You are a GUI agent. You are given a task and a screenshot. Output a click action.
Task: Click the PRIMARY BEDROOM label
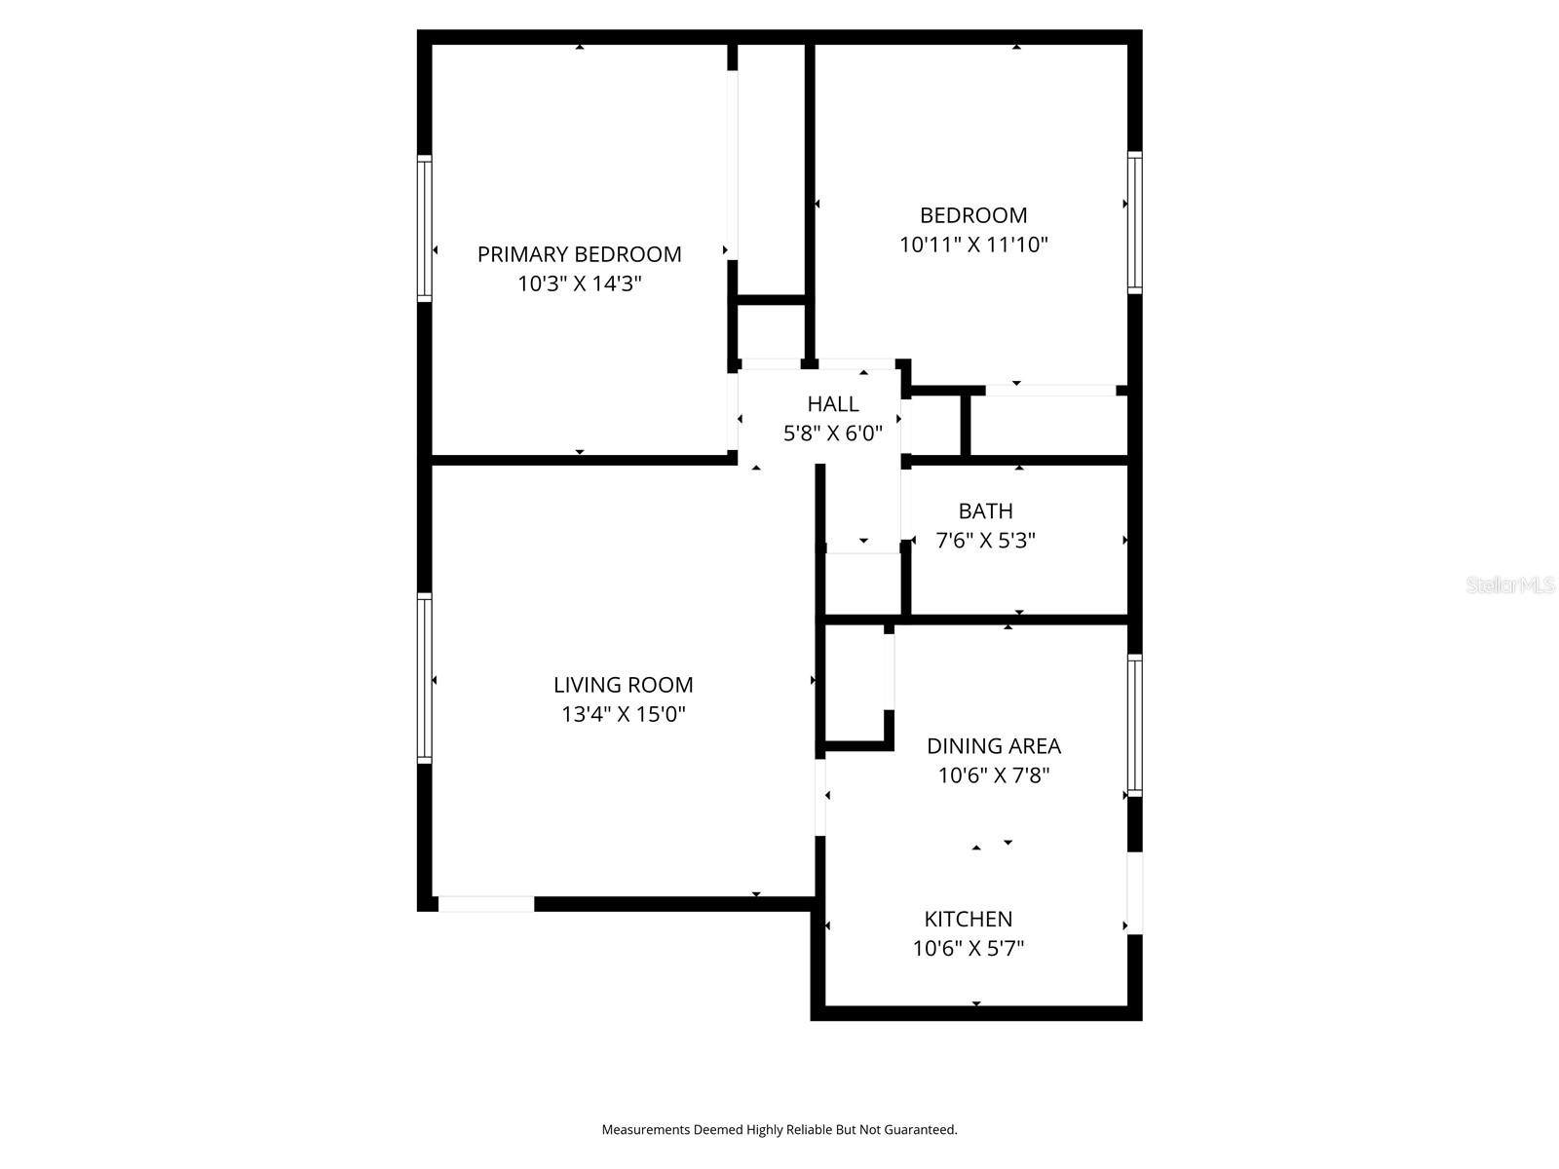(579, 254)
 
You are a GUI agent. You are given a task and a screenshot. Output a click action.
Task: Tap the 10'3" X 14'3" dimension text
(579, 284)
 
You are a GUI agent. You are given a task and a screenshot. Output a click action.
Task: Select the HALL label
(833, 403)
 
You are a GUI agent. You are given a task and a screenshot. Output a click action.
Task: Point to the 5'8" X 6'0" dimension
(833, 434)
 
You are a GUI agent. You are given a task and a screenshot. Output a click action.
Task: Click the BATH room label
(985, 510)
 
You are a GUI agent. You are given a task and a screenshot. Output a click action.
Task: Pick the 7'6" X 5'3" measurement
(985, 541)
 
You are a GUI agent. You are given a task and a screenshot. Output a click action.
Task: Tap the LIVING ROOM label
(624, 685)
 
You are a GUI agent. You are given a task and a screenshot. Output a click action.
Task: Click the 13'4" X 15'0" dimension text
(624, 715)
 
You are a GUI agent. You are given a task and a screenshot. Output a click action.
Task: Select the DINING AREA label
(993, 746)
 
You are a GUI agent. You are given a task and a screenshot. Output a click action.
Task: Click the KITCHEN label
(968, 919)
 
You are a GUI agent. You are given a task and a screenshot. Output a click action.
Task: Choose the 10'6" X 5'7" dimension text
(968, 949)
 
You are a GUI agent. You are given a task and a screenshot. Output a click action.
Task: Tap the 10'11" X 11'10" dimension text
(973, 245)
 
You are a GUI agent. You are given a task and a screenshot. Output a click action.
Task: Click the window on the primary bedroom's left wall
(425, 228)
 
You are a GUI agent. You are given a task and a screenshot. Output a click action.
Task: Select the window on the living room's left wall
(425, 677)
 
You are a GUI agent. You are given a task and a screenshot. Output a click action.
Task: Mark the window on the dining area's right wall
(1134, 725)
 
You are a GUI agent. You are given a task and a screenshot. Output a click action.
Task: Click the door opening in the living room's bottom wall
(485, 904)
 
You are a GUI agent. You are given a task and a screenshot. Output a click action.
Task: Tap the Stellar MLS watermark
(1510, 585)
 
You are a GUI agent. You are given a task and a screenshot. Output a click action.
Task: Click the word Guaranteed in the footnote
(919, 1130)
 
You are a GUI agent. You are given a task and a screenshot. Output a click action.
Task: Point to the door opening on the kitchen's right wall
(1134, 893)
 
